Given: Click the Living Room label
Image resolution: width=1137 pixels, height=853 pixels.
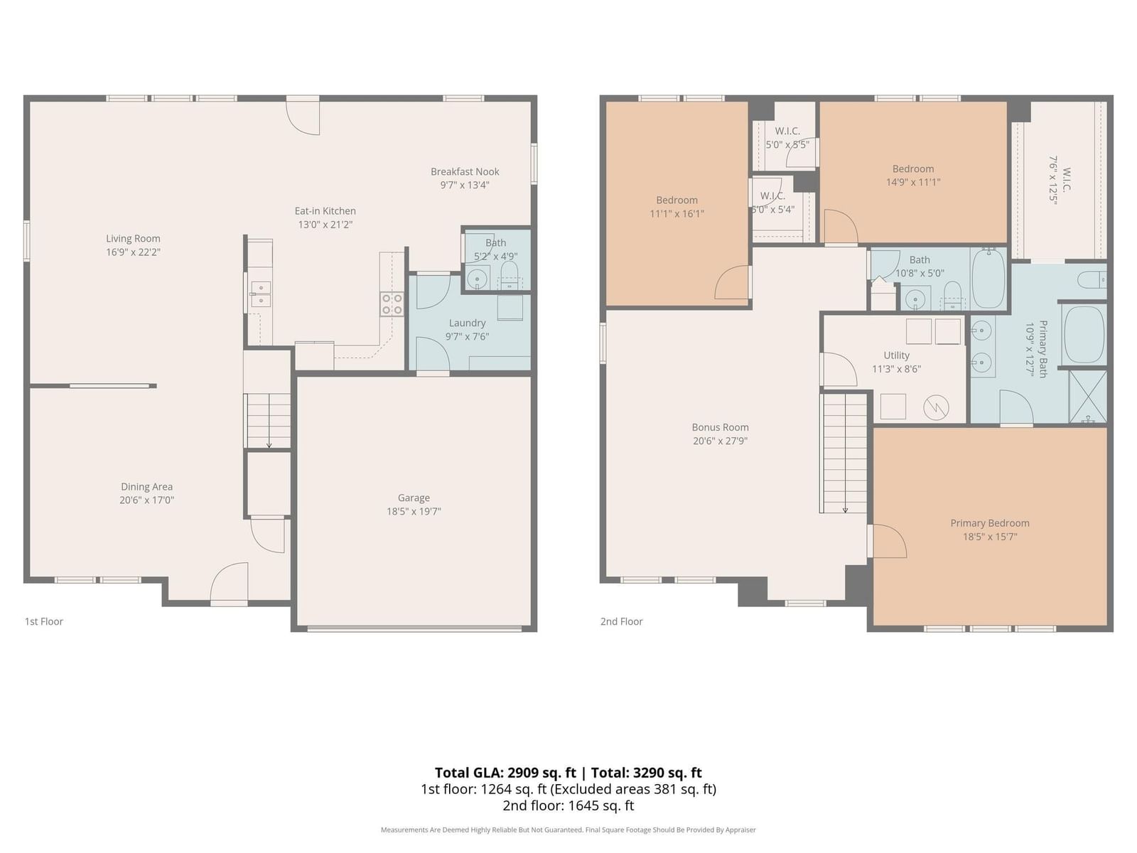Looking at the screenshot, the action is [x=133, y=238].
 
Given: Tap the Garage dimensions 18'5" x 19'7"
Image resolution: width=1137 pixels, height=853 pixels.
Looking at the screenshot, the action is [x=414, y=511].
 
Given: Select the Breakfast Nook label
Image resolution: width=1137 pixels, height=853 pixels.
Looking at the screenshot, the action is [x=465, y=171].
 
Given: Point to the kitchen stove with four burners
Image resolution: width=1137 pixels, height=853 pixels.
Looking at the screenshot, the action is [x=392, y=304].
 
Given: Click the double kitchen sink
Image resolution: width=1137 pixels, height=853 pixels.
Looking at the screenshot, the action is [x=260, y=295].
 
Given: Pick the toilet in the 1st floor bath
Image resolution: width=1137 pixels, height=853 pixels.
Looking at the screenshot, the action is [x=510, y=274].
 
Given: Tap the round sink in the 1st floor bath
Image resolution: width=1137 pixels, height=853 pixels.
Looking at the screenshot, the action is [x=477, y=279].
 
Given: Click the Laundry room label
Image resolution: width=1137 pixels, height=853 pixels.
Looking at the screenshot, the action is [x=467, y=323].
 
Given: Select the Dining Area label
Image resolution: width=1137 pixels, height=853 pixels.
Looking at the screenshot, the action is [x=146, y=486].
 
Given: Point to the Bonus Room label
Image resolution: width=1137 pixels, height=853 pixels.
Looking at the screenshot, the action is [x=720, y=427].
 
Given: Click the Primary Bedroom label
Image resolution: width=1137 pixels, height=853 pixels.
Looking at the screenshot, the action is [x=989, y=523].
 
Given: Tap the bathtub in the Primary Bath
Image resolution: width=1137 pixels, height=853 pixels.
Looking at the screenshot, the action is [x=1082, y=334].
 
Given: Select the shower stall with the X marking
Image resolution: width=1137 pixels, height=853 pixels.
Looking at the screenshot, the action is [x=1088, y=397].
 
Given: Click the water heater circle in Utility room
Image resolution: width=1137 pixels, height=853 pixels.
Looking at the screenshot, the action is [x=936, y=407].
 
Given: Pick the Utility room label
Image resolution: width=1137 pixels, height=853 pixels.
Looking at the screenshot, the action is [x=896, y=355].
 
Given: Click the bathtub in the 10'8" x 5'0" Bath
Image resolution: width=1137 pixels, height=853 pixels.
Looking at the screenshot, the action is [x=988, y=279].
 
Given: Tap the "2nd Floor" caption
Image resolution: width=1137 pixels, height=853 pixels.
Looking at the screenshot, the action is [x=621, y=621].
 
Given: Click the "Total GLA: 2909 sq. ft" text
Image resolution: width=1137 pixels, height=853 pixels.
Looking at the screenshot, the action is [x=505, y=773].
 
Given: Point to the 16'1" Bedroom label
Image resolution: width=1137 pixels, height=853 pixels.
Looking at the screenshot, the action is [x=677, y=200].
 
